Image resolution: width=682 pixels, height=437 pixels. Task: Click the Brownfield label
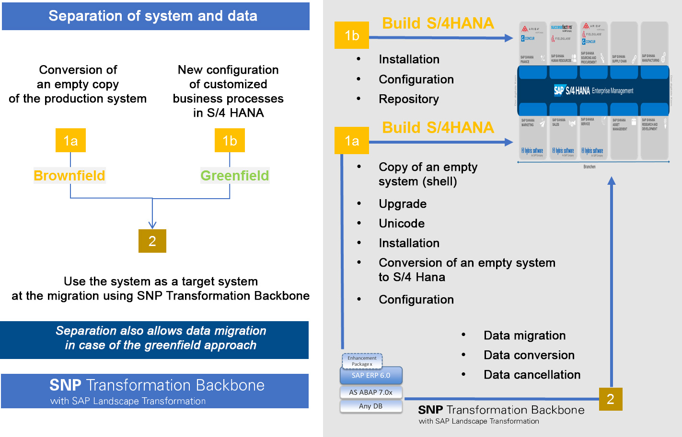(x=69, y=176)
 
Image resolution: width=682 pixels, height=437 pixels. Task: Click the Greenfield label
(x=235, y=176)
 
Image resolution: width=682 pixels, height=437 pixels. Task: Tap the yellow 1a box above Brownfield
(x=70, y=140)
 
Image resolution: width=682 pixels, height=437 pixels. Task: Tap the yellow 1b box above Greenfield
(x=230, y=140)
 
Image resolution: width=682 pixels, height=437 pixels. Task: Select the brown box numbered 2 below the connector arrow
(x=152, y=241)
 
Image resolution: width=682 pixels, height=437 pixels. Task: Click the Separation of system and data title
(x=153, y=16)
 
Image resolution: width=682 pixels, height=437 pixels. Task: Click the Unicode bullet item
(x=402, y=224)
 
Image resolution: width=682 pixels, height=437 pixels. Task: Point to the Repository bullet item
(x=408, y=99)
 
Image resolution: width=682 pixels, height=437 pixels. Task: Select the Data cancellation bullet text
(x=532, y=375)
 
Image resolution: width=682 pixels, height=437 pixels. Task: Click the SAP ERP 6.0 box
(x=371, y=376)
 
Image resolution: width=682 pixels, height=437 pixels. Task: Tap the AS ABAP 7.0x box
(x=371, y=392)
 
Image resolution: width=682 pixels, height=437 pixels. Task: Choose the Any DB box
(x=371, y=406)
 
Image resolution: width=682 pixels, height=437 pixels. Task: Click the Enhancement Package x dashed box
(x=362, y=361)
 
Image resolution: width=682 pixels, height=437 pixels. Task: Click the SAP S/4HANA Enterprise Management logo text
(x=593, y=90)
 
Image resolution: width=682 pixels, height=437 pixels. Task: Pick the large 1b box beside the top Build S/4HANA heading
(x=352, y=35)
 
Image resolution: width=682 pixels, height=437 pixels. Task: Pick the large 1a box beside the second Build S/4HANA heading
(x=352, y=141)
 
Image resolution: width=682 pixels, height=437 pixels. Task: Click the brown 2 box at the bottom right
(x=611, y=399)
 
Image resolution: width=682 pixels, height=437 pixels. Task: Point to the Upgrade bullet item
(x=403, y=204)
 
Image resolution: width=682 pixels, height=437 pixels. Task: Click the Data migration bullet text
(x=524, y=336)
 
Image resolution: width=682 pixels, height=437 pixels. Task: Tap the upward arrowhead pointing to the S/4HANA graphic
(x=612, y=181)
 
